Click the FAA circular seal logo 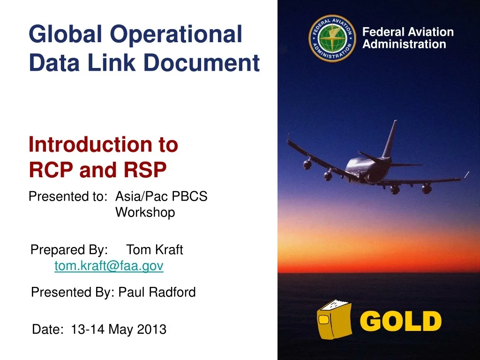click(332, 38)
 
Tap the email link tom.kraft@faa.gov click(109, 266)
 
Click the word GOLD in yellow click(403, 322)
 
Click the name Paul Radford click(157, 292)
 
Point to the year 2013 click(151, 330)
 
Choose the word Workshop click(145, 212)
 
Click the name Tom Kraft click(155, 250)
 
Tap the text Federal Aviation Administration click(408, 38)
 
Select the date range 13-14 click(88, 330)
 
